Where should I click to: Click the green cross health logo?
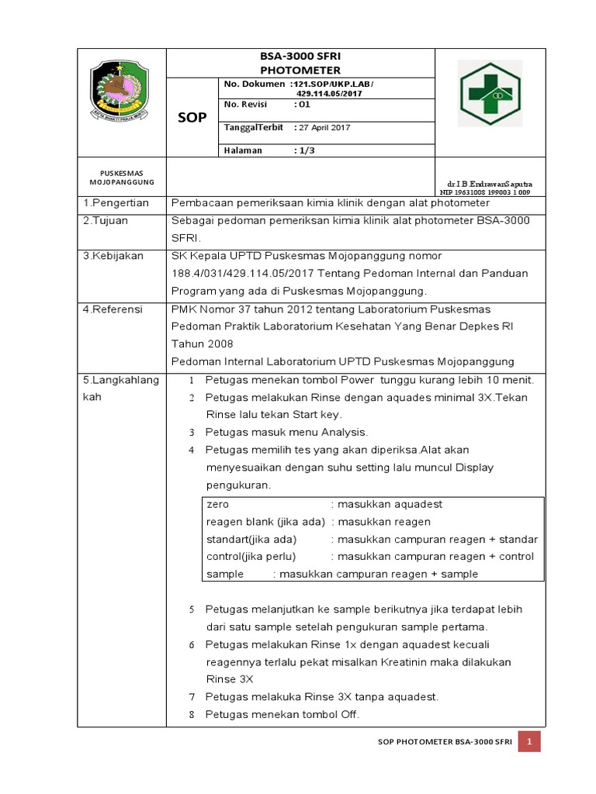(490, 93)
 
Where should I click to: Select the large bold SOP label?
(192, 117)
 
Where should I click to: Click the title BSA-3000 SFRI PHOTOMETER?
(300, 64)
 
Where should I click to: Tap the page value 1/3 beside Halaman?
(304, 150)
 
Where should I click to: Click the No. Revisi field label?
(246, 104)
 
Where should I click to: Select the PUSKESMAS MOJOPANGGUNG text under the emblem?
(122, 178)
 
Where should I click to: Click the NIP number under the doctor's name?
(485, 191)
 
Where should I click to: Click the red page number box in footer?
(529, 742)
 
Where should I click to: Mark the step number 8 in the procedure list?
(192, 715)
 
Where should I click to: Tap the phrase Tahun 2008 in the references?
(202, 344)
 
